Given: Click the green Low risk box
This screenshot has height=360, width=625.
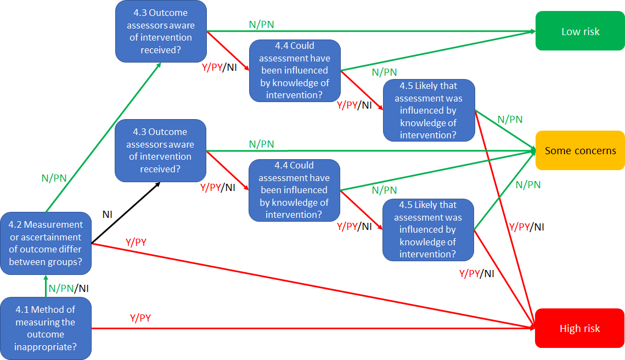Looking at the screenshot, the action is [580, 31].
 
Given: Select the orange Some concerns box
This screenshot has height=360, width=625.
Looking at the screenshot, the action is [580, 150].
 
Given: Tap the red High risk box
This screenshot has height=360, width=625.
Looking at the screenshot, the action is [579, 328].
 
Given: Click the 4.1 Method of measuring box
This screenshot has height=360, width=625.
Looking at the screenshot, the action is [46, 328].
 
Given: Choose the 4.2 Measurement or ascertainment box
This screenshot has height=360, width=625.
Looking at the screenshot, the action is [46, 243].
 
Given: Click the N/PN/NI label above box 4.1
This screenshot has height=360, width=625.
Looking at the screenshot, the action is [69, 288].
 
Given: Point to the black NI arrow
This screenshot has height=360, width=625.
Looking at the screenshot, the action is [126, 213].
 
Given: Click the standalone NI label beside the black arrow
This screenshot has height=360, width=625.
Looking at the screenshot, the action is [107, 215].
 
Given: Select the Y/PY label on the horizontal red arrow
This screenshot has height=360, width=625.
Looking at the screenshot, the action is [140, 318].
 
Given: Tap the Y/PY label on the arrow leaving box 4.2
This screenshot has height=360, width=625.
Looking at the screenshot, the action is [136, 242].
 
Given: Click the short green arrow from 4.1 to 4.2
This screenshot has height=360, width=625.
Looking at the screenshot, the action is [46, 286].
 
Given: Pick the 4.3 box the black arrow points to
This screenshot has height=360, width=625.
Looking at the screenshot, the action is [160, 151].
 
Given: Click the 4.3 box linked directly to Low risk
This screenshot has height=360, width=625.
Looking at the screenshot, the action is [161, 31].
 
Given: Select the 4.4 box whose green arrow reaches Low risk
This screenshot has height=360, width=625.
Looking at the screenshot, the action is [295, 71].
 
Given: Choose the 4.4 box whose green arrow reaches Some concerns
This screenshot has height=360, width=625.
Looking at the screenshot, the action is [294, 190].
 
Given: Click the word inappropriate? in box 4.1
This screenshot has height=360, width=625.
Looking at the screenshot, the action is [46, 347].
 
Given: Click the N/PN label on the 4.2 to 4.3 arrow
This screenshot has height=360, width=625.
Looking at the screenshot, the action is [54, 178].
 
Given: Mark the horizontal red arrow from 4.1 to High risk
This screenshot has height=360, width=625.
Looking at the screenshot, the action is [313, 328].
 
